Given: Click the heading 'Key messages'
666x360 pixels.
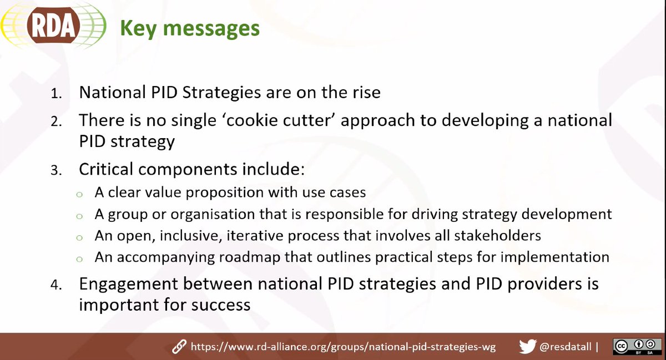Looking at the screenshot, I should tap(190, 28).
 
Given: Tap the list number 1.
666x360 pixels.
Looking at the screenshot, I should tap(57, 93).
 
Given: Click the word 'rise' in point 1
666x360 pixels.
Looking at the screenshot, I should tap(365, 92).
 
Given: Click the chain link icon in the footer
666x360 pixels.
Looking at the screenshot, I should tap(179, 347).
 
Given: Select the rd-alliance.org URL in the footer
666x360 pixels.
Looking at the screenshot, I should tap(343, 347).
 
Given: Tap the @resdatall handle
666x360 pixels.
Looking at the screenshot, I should tap(566, 347).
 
